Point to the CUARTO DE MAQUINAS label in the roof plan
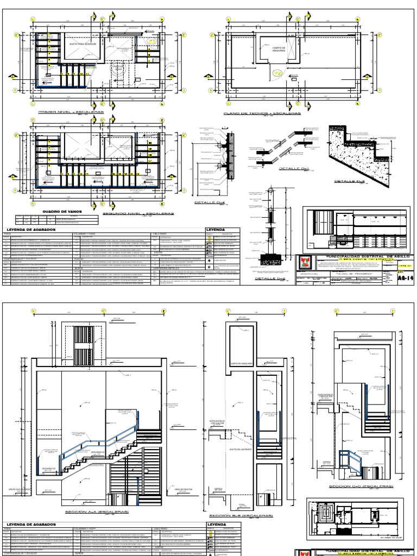click(x=279, y=49)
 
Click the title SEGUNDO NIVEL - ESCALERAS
click(x=143, y=214)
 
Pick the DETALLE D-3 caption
click(x=350, y=181)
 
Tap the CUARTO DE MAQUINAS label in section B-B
click(x=239, y=364)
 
